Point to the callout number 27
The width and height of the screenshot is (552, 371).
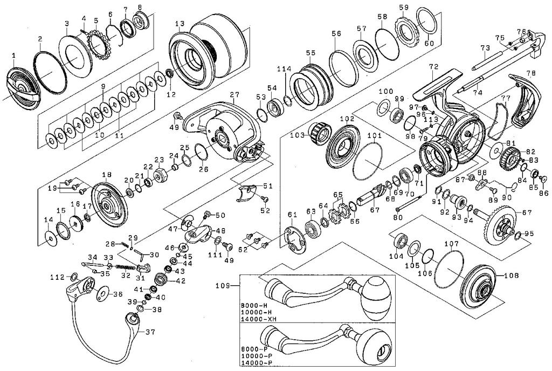click(234, 94)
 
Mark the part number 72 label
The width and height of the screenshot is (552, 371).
click(434, 66)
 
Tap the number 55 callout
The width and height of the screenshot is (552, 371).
click(310, 53)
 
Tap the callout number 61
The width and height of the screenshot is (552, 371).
click(292, 215)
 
